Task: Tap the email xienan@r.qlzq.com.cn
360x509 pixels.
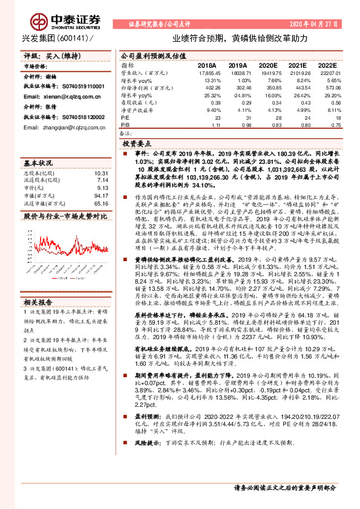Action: tap(53, 96)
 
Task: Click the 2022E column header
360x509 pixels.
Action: tap(327, 65)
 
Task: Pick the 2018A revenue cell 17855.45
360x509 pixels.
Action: tap(207, 73)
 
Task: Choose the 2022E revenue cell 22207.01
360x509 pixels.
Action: tap(327, 73)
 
